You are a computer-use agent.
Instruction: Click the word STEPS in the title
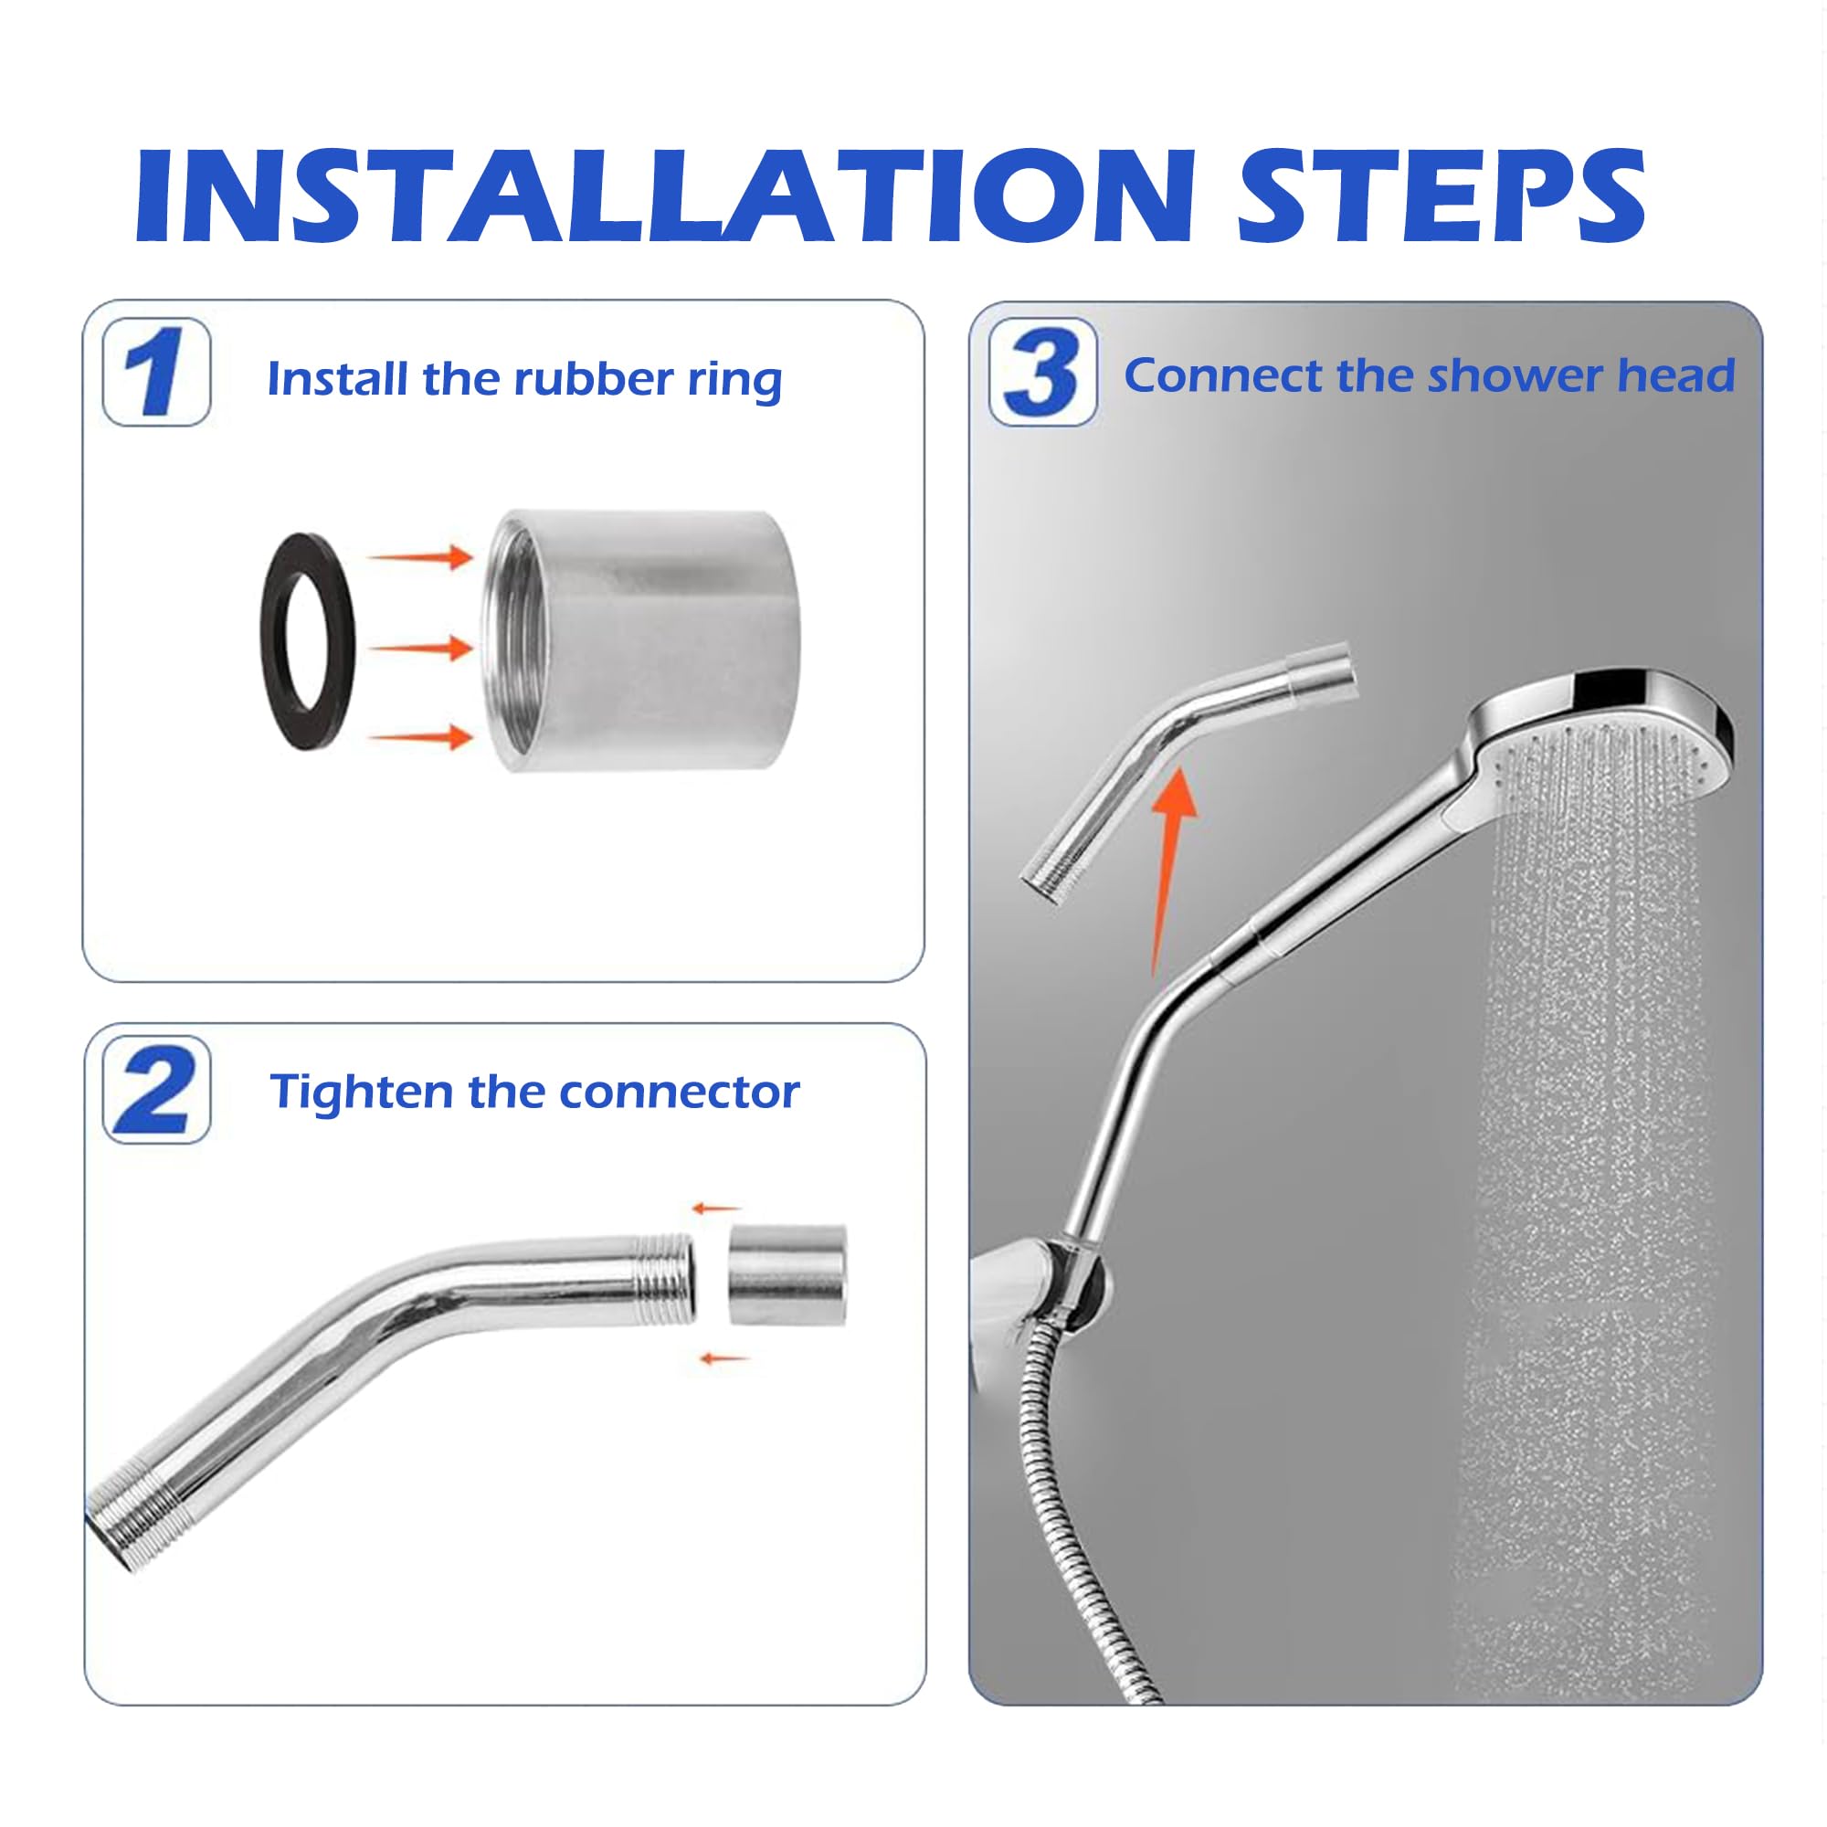coord(1442,195)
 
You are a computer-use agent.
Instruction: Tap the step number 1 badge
coord(156,372)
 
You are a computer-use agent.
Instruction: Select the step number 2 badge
coord(156,1090)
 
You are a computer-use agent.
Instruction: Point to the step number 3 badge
coord(1043,372)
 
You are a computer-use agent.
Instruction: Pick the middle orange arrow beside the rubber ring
coord(421,648)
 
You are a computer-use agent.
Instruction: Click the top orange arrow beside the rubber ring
coord(421,557)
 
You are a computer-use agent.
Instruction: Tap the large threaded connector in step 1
coord(643,641)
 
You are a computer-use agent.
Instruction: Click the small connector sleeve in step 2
coord(787,1274)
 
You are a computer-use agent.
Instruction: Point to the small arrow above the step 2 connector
coord(716,1209)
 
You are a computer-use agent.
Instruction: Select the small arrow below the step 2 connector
coord(724,1359)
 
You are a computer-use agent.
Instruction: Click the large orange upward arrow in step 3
coord(1172,870)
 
